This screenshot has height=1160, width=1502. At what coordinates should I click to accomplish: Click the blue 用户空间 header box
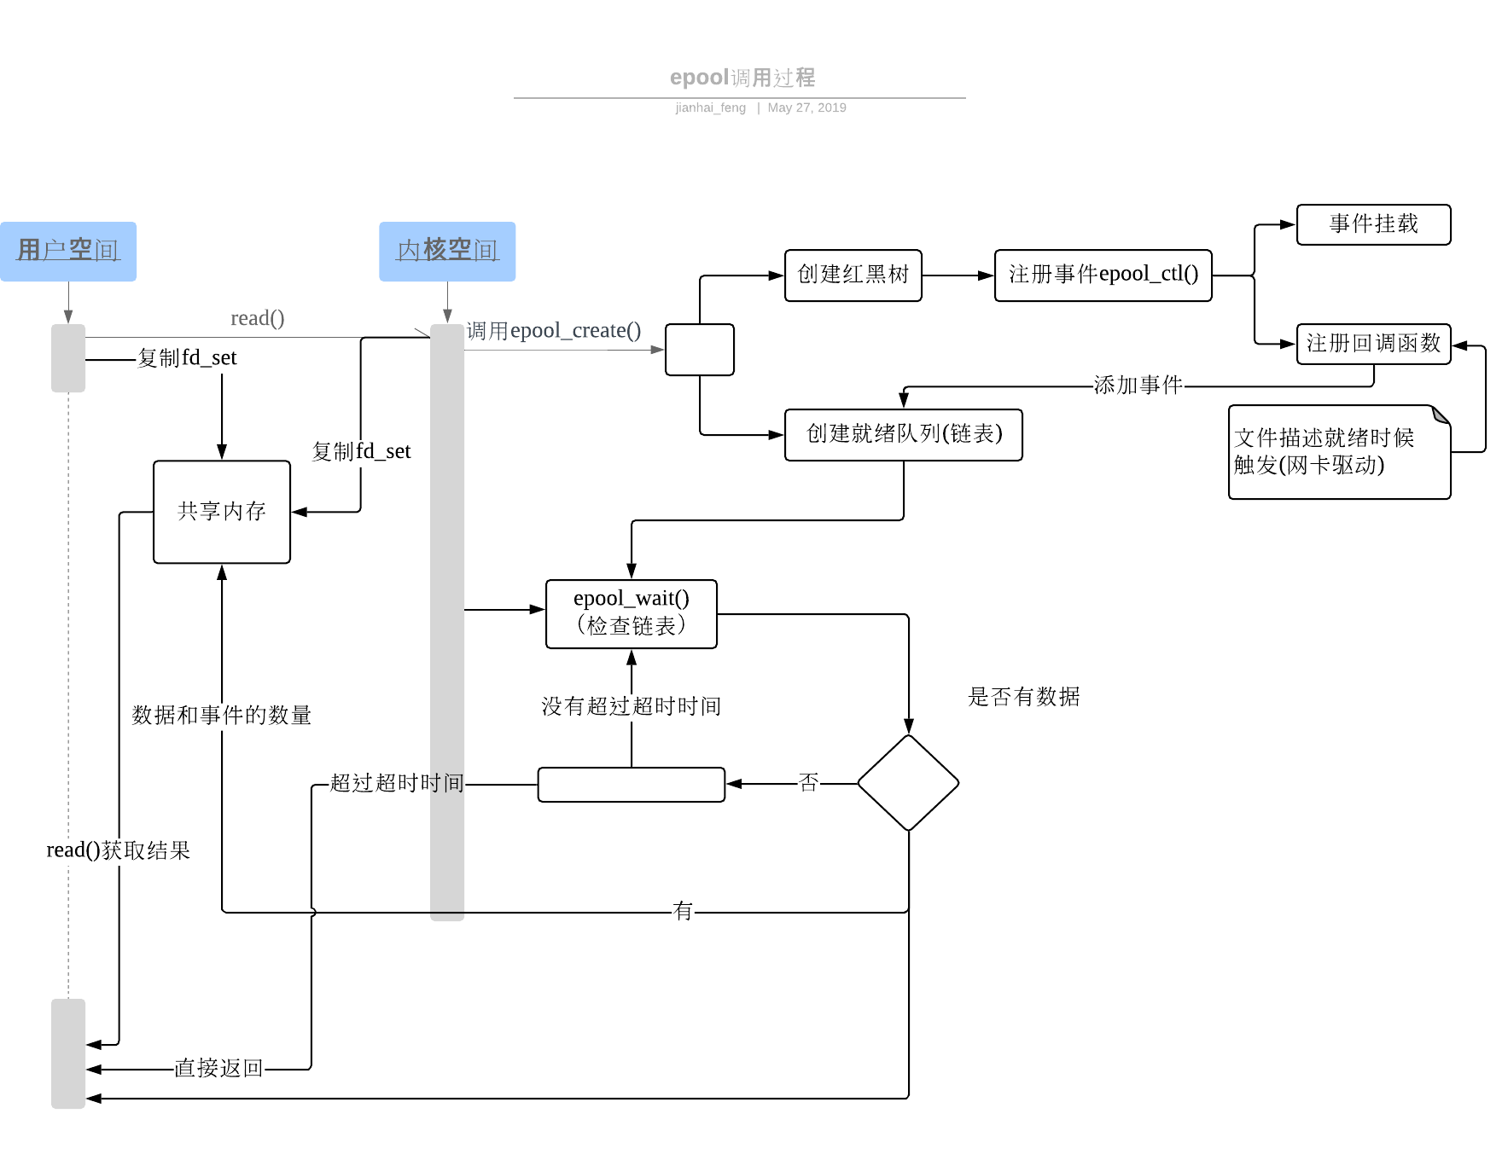click(68, 251)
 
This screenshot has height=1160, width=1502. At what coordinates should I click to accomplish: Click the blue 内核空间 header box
click(447, 251)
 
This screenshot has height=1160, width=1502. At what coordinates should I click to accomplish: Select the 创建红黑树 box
click(853, 275)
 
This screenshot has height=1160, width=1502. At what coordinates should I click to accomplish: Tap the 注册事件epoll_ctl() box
click(1103, 275)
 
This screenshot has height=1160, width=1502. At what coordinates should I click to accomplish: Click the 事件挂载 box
click(1373, 224)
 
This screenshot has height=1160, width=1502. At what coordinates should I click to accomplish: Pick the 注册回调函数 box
click(1373, 344)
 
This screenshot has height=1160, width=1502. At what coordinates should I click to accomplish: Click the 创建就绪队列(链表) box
click(903, 434)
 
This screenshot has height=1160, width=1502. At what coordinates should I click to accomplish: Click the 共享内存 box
click(222, 512)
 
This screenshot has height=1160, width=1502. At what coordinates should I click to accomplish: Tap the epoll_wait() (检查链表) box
click(632, 613)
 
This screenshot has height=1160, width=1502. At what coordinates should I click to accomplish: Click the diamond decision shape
click(908, 782)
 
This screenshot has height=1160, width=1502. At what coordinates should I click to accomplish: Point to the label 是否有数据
click(1023, 697)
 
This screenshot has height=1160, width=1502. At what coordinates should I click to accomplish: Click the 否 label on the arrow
click(808, 782)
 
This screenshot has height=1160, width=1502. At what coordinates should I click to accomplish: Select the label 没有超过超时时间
click(632, 706)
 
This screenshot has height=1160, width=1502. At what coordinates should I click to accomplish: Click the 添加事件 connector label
click(1138, 386)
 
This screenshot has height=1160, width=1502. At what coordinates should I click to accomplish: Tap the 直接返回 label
click(218, 1068)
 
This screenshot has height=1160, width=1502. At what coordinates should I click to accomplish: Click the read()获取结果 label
click(118, 850)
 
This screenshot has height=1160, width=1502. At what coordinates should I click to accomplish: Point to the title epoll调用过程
click(742, 78)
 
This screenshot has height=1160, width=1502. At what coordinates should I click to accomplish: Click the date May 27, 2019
click(806, 107)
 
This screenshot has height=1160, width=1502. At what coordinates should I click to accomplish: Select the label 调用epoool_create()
click(554, 331)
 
